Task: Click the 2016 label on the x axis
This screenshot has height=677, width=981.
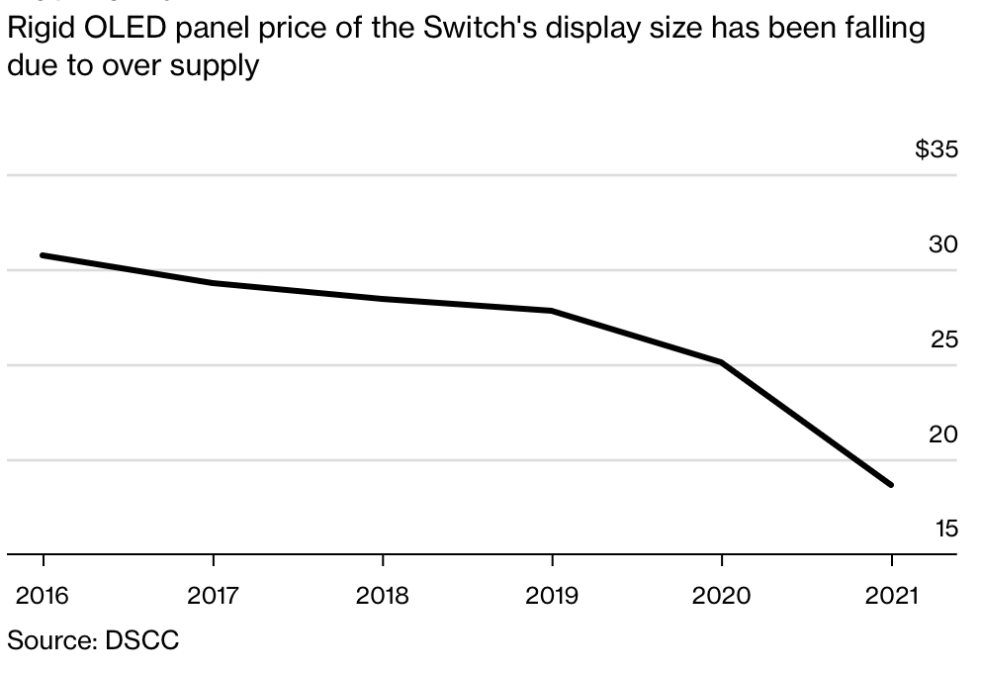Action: click(x=43, y=597)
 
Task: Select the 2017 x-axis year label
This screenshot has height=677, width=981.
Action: click(x=213, y=597)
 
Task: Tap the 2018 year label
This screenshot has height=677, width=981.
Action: click(x=382, y=597)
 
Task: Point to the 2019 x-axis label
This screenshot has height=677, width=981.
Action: click(x=552, y=597)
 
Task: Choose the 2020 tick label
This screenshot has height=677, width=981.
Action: click(x=722, y=597)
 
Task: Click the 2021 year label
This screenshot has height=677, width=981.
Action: click(x=892, y=597)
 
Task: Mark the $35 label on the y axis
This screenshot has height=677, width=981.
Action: click(x=936, y=150)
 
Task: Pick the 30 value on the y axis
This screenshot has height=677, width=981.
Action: click(x=943, y=244)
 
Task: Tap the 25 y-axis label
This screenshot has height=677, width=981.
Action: click(x=943, y=339)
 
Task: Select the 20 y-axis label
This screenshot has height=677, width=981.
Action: click(x=943, y=434)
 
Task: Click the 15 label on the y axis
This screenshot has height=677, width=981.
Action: click(x=945, y=529)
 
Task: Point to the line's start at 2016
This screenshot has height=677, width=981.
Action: click(x=43, y=255)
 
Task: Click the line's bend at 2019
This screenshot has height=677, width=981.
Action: click(x=552, y=311)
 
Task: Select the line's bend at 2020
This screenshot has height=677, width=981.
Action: click(x=722, y=362)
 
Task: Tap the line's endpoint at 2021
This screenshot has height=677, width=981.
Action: click(x=891, y=485)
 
